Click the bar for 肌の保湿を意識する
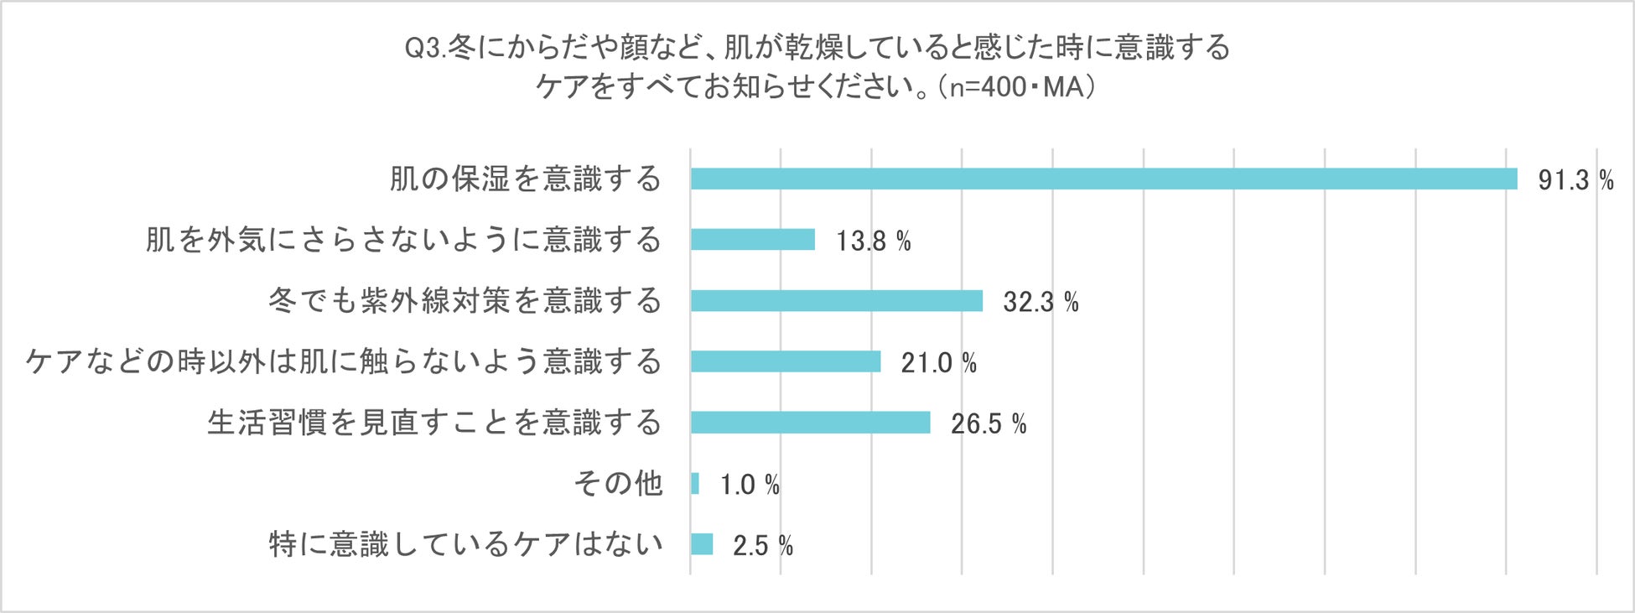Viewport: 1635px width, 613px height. click(x=1103, y=179)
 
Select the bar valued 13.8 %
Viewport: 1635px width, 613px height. click(x=752, y=240)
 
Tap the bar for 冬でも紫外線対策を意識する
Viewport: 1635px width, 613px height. click(x=836, y=300)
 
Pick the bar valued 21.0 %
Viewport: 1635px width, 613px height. click(x=786, y=361)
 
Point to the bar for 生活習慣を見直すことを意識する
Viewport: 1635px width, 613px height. click(x=810, y=423)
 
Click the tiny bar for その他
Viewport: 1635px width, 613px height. click(x=695, y=484)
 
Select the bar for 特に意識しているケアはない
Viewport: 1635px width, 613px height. click(x=702, y=544)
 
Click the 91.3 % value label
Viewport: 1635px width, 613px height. click(x=1575, y=180)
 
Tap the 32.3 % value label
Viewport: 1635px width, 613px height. click(x=1041, y=302)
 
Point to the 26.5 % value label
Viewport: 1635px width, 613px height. click(x=988, y=424)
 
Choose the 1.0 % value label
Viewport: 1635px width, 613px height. click(x=750, y=485)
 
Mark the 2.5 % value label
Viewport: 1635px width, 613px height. click(x=762, y=546)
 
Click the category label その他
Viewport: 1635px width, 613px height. click(x=618, y=484)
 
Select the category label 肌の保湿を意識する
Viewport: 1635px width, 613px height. click(x=526, y=179)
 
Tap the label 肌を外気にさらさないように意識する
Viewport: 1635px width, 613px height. click(x=403, y=240)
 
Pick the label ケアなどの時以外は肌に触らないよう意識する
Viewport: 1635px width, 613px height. click(x=344, y=361)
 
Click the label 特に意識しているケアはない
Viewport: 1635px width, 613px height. click(x=465, y=544)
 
